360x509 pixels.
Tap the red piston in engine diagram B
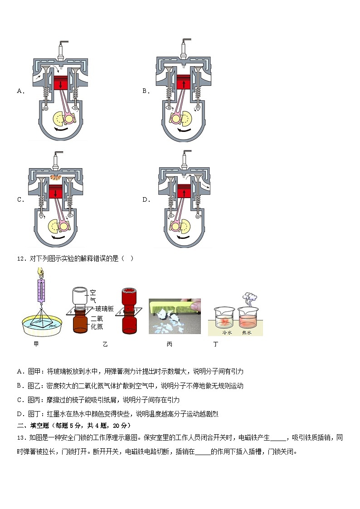(x=185, y=83)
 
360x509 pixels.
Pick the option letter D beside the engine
(x=146, y=200)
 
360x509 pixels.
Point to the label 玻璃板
(x=104, y=309)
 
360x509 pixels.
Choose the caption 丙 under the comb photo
(x=169, y=344)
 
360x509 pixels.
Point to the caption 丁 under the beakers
(x=216, y=344)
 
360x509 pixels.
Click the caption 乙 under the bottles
(x=105, y=344)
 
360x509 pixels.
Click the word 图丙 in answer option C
(x=34, y=400)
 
